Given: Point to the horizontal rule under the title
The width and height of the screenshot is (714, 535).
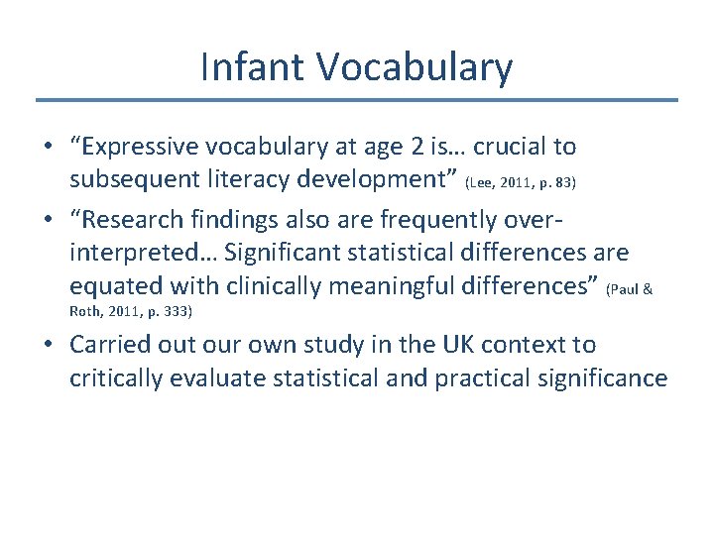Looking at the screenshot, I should pos(357,100).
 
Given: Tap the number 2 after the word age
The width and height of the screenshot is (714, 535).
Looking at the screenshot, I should pos(417,148).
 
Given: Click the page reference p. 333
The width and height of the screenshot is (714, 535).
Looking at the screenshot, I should pos(169,311).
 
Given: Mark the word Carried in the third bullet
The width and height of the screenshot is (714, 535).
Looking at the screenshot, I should pos(105,345).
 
